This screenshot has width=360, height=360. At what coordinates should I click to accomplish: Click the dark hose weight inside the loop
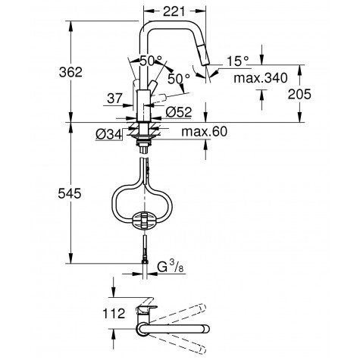(x=143, y=221)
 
